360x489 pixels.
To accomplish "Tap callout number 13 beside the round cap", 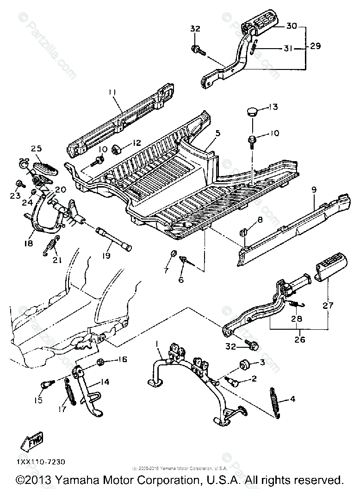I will click(273, 107).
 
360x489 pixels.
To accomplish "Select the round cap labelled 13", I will click(253, 111).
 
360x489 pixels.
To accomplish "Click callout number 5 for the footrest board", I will click(218, 133).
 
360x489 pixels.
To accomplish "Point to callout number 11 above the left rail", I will click(112, 93).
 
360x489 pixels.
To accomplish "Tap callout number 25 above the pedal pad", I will click(37, 149).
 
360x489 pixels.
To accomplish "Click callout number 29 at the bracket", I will click(315, 46).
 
